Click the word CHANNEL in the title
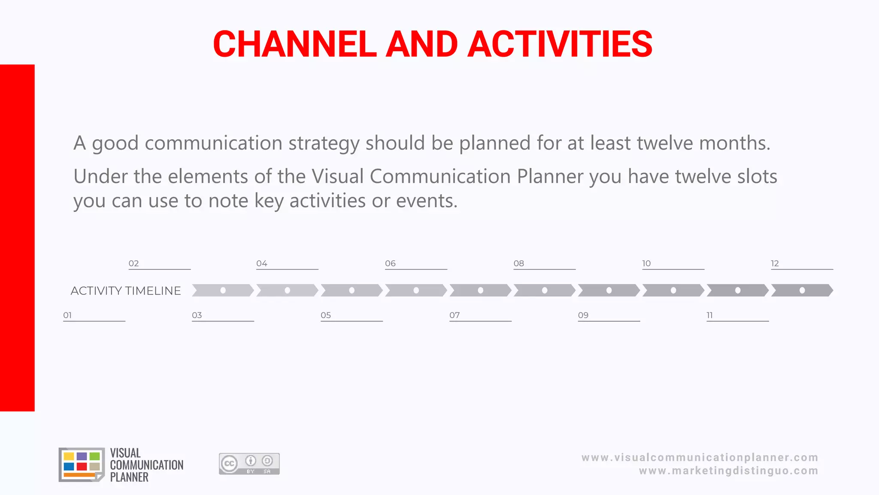294,44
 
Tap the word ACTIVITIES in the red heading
560,44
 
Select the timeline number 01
67,315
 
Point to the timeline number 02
133,263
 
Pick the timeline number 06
390,263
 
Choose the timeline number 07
455,315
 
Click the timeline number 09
583,315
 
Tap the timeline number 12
775,263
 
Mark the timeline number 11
709,315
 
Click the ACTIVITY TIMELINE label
126,291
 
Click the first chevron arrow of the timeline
223,290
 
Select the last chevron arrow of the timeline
802,290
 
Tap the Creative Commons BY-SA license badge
249,464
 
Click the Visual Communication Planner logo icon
82,464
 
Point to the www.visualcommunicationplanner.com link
700,458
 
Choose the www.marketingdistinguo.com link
728,471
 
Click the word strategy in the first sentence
324,143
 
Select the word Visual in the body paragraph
337,176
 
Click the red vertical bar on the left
17,238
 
